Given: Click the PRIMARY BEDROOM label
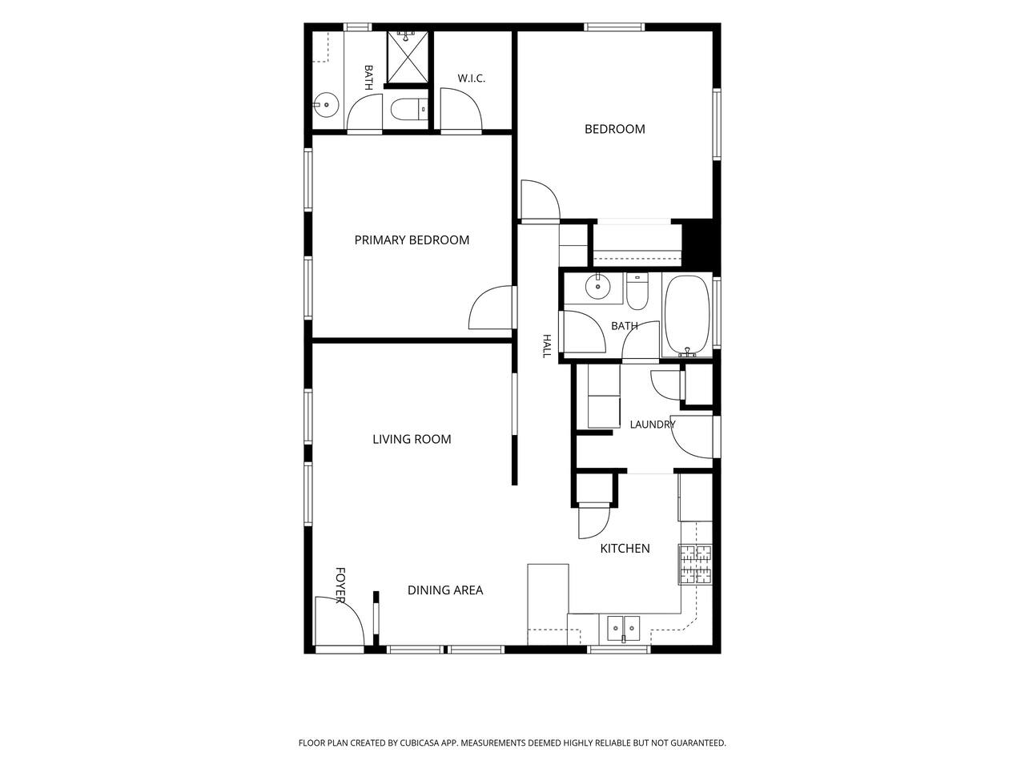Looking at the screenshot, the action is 412,240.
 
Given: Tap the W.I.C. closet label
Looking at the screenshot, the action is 471,79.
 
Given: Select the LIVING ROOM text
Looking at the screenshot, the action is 412,439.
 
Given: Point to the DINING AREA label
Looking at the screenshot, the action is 445,590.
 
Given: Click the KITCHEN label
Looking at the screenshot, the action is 625,548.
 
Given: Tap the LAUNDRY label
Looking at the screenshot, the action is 653,425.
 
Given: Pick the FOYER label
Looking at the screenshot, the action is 340,585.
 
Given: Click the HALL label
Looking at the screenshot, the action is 546,346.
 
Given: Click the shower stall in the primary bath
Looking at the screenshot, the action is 408,57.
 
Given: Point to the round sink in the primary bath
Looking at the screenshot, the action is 325,105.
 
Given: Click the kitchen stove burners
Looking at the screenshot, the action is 695,564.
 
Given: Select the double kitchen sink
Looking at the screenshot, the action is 623,629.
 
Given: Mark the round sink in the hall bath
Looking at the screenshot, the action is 597,286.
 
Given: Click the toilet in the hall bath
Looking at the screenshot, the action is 637,292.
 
